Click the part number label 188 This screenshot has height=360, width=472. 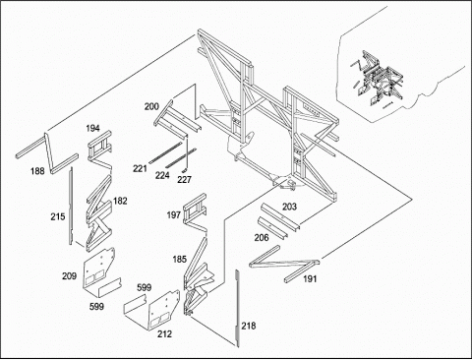point(37,171)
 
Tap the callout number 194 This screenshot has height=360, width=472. point(92,128)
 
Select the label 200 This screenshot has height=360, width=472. point(151,106)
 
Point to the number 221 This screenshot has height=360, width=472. point(140,168)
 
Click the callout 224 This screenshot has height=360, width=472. point(162,175)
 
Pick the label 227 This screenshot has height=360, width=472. point(184,180)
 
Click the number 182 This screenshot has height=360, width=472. point(120,201)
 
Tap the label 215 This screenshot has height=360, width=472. point(58,216)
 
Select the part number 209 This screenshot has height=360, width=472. point(69,276)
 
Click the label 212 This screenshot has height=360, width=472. point(164,334)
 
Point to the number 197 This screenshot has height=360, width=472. point(174,215)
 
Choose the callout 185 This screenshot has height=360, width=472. point(179,260)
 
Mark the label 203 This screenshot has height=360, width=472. point(289,207)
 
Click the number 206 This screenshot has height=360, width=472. point(262,238)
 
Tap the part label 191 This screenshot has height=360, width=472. point(310,279)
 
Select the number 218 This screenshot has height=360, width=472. point(249,326)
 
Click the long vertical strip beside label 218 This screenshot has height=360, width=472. point(237,308)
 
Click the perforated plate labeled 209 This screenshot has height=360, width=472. point(98,269)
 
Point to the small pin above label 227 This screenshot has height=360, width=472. point(184,170)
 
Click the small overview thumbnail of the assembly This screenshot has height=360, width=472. point(378,79)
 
